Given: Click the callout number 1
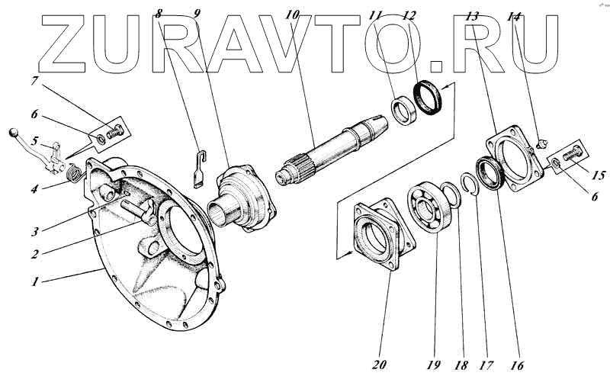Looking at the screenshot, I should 35,281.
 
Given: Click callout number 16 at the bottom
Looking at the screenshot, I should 517,364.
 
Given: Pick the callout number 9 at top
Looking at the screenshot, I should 197,13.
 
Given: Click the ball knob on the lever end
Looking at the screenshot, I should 13,134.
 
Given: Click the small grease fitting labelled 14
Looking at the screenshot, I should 543,140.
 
